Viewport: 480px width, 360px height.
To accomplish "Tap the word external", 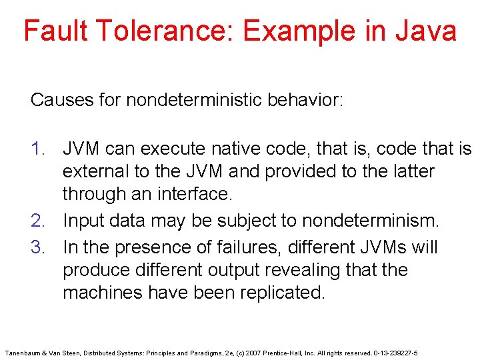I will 95,171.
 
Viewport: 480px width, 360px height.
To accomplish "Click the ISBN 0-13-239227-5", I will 396,353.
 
